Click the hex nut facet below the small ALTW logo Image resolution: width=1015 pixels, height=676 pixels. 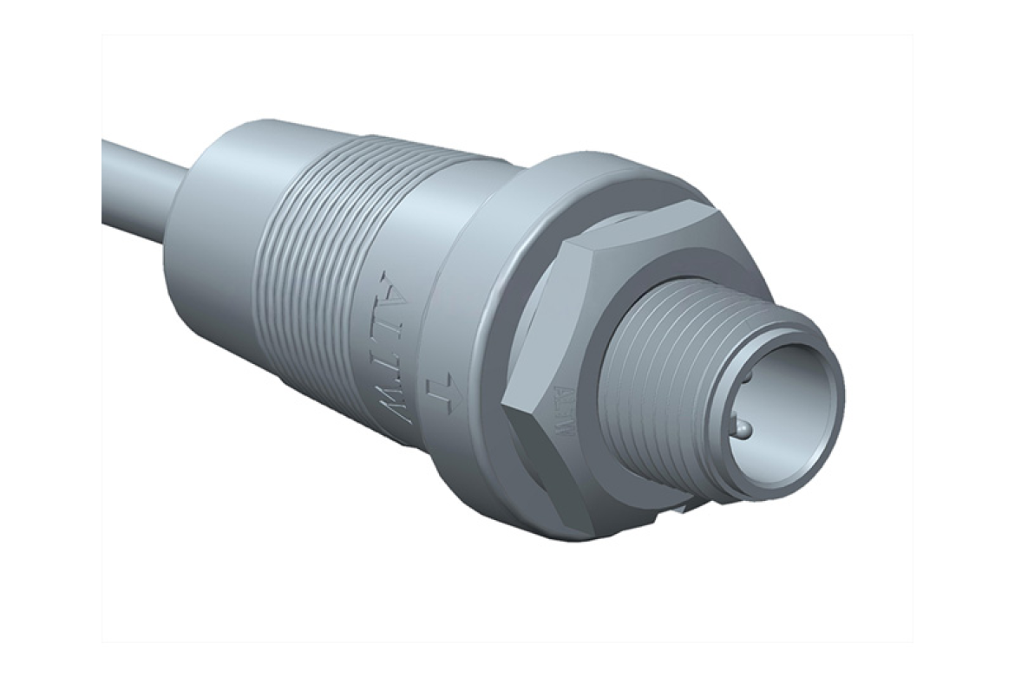(555, 485)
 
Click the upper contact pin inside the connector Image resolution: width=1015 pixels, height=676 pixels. (744, 378)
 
